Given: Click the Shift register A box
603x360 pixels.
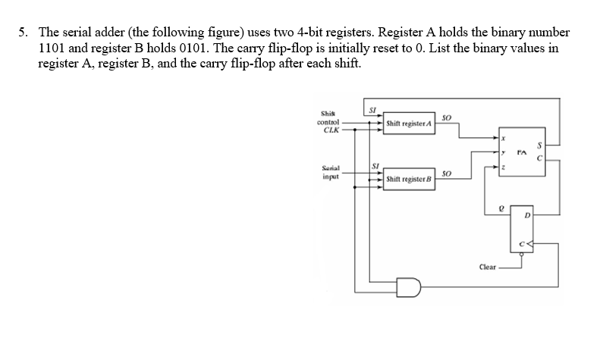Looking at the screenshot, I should click(x=408, y=123).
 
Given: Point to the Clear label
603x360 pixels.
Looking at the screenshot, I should click(x=488, y=267).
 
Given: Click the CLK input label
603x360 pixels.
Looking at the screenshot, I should click(x=330, y=129).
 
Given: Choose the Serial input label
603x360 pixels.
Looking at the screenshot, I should click(x=328, y=173).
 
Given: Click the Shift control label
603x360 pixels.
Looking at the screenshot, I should click(x=328, y=117).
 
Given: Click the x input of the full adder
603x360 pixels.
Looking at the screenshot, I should click(x=502, y=139).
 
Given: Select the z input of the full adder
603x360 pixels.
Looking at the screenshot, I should click(x=502, y=165).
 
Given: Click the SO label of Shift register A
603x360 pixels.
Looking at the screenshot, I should click(x=446, y=116).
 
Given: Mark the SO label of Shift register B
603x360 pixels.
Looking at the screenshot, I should click(x=446, y=174).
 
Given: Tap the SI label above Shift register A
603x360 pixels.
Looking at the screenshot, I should click(x=372, y=108).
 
